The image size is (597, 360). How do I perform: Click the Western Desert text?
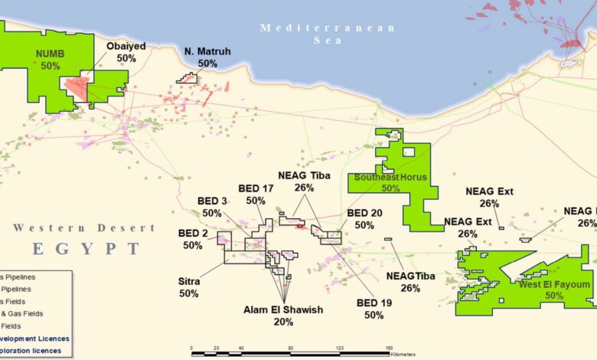83,228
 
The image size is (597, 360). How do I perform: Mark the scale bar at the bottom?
291,352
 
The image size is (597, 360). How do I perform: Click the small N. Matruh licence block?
186,77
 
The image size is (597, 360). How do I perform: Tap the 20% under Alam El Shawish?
283,322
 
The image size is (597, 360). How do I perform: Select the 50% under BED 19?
374,315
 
